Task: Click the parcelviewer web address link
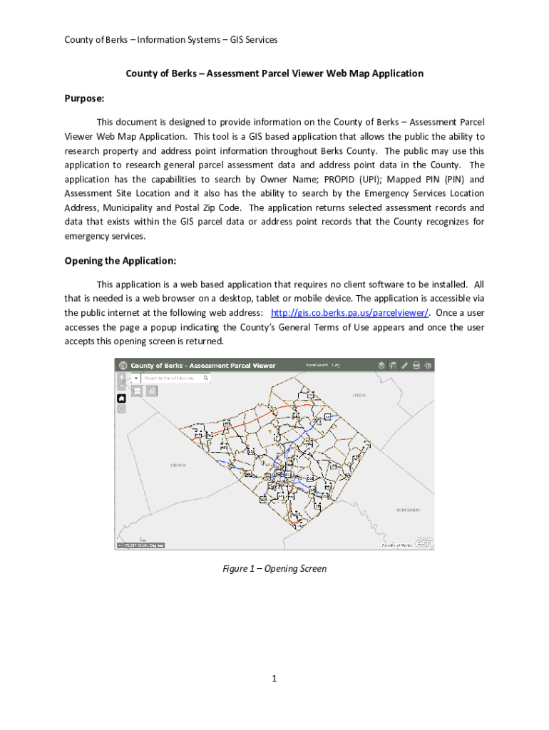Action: pos(349,313)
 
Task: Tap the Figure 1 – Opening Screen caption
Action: pos(274,568)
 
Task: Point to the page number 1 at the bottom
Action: pos(274,678)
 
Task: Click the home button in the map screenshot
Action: pos(121,399)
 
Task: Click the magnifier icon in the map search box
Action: pos(206,379)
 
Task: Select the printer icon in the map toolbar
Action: pos(416,365)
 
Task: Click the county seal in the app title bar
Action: pos(123,365)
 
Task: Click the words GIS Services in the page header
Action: pos(253,40)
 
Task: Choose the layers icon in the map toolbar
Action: pos(381,365)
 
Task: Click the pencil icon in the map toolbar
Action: pos(405,365)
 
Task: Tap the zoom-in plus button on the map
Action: pos(121,377)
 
